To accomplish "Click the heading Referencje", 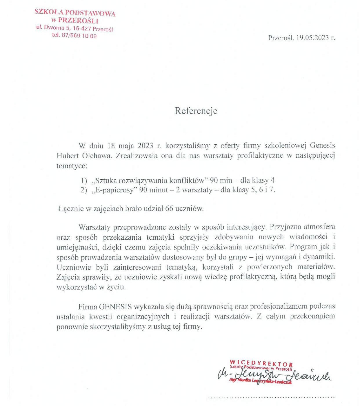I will click(x=196, y=111).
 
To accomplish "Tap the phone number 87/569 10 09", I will click(x=79, y=36).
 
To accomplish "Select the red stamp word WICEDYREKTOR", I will click(x=261, y=364).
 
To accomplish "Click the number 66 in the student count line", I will click(x=169, y=209).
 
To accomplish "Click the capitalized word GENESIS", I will click(x=115, y=307).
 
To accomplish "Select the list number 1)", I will click(x=84, y=181).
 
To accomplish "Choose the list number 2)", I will click(x=84, y=190).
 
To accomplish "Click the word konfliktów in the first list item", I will click(x=187, y=181).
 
